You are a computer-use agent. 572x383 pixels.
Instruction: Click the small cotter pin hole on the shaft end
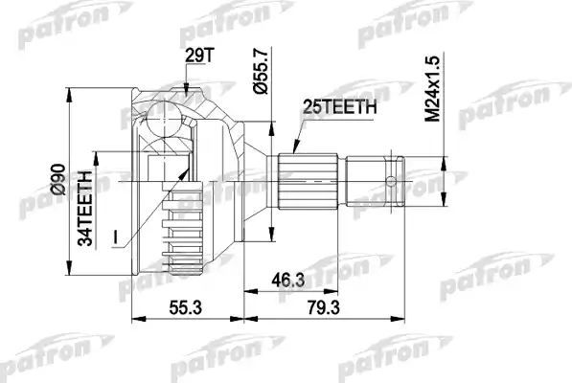[389, 178]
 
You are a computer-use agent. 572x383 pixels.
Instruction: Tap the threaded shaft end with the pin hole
[378, 179]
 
